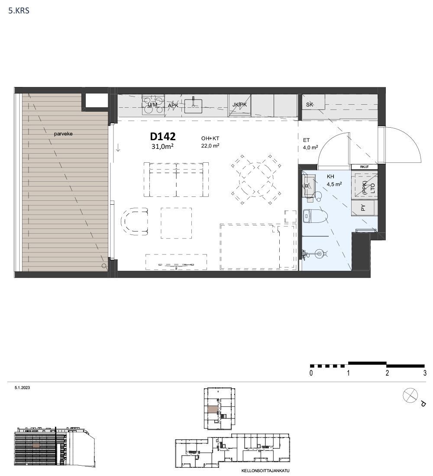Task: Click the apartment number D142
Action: click(x=163, y=136)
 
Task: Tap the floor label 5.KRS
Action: click(x=19, y=11)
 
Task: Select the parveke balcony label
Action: click(x=63, y=134)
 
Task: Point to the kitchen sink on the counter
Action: click(x=193, y=104)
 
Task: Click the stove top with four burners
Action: click(x=153, y=105)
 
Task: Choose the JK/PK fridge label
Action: click(x=239, y=105)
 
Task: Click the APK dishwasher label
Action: click(x=173, y=105)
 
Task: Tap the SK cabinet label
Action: click(x=309, y=104)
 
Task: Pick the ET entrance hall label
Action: click(x=306, y=140)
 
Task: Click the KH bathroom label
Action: click(x=330, y=177)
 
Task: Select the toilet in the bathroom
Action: click(x=315, y=216)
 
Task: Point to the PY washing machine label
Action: click(x=363, y=208)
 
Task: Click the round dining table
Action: click(x=256, y=180)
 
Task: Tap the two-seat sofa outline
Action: click(x=176, y=179)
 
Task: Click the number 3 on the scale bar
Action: click(x=425, y=373)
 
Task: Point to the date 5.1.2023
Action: click(x=22, y=388)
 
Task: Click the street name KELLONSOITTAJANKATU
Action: click(x=265, y=471)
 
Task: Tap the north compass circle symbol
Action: click(x=410, y=396)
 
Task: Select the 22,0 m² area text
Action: click(x=210, y=146)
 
